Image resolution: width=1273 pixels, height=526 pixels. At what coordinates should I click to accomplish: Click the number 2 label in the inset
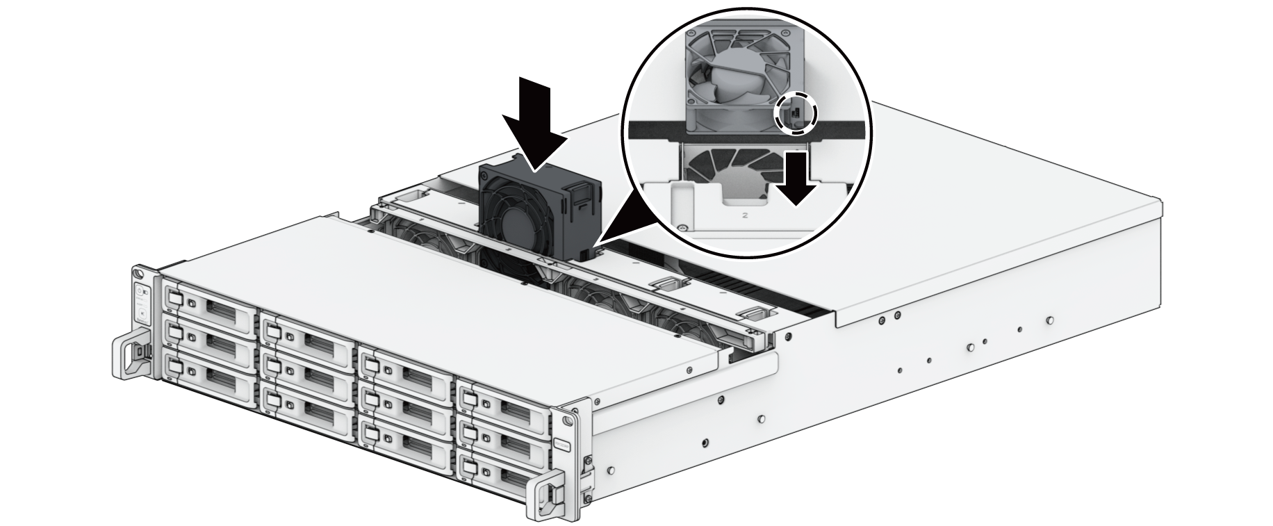[x=745, y=215]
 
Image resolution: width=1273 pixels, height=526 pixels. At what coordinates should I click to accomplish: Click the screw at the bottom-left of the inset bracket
[x=681, y=226]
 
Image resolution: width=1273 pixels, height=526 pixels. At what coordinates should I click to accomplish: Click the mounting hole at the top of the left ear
[x=139, y=272]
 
